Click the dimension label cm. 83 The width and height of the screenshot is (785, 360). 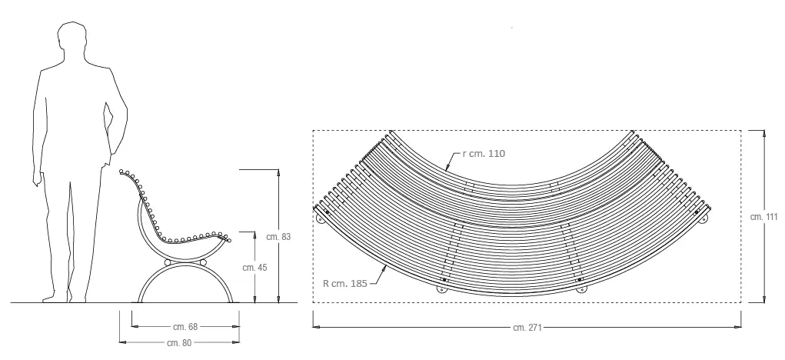pos(278,236)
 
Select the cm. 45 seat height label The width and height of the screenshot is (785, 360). pos(254,268)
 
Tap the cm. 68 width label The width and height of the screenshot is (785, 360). pos(185,327)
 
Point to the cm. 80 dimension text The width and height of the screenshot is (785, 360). pos(179,343)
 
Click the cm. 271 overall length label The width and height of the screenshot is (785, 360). pos(527,328)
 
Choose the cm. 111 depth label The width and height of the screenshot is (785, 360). pos(764,217)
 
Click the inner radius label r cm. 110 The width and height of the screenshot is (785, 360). pos(484,153)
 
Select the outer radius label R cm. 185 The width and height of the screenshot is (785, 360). pos(345,283)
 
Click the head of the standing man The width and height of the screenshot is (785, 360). pos(72,38)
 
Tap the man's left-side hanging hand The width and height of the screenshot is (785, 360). pos(37,178)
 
